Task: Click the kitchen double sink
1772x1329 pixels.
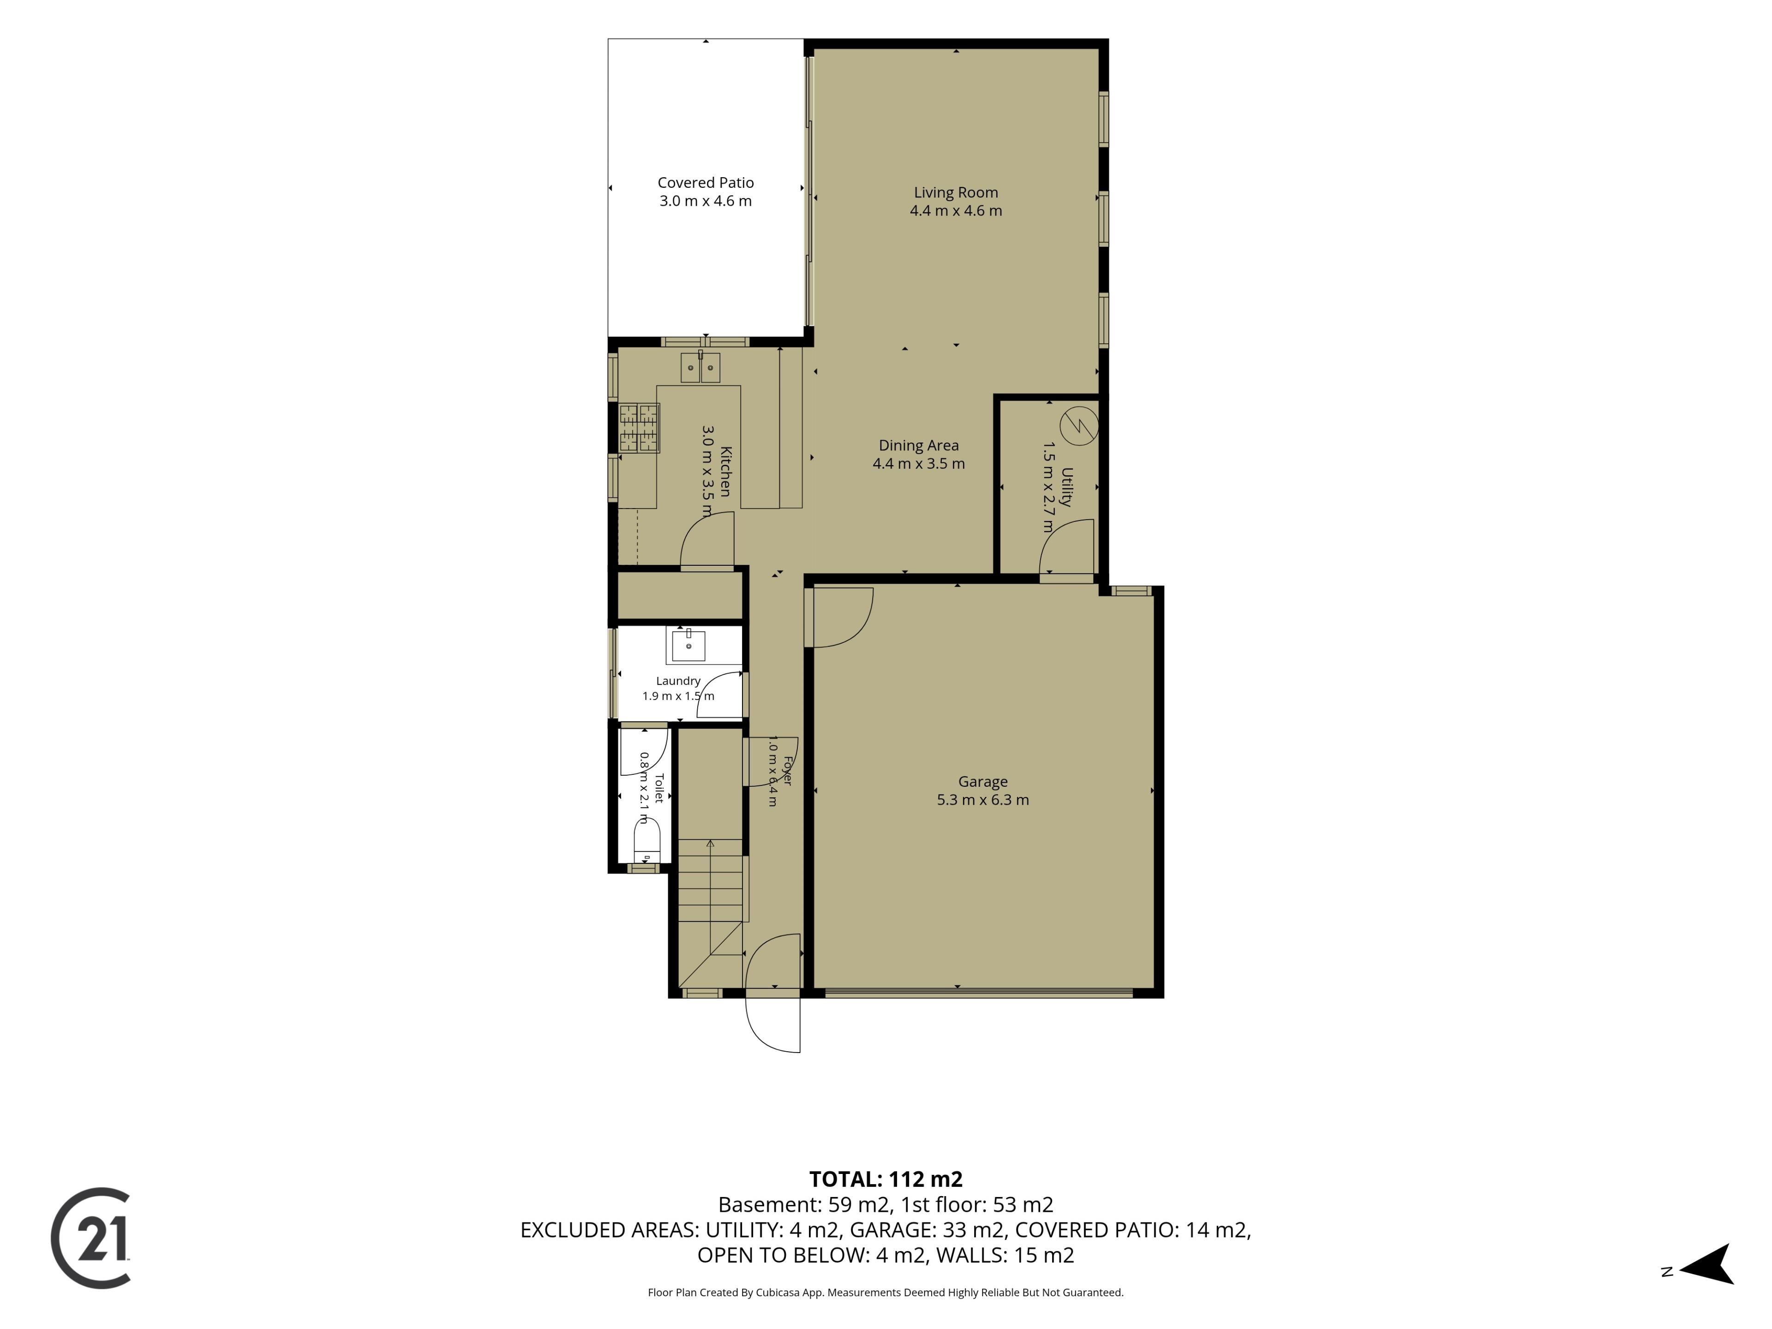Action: tap(700, 368)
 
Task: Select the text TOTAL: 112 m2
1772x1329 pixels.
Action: tap(886, 1179)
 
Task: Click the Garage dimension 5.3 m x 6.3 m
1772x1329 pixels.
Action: tap(983, 800)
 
